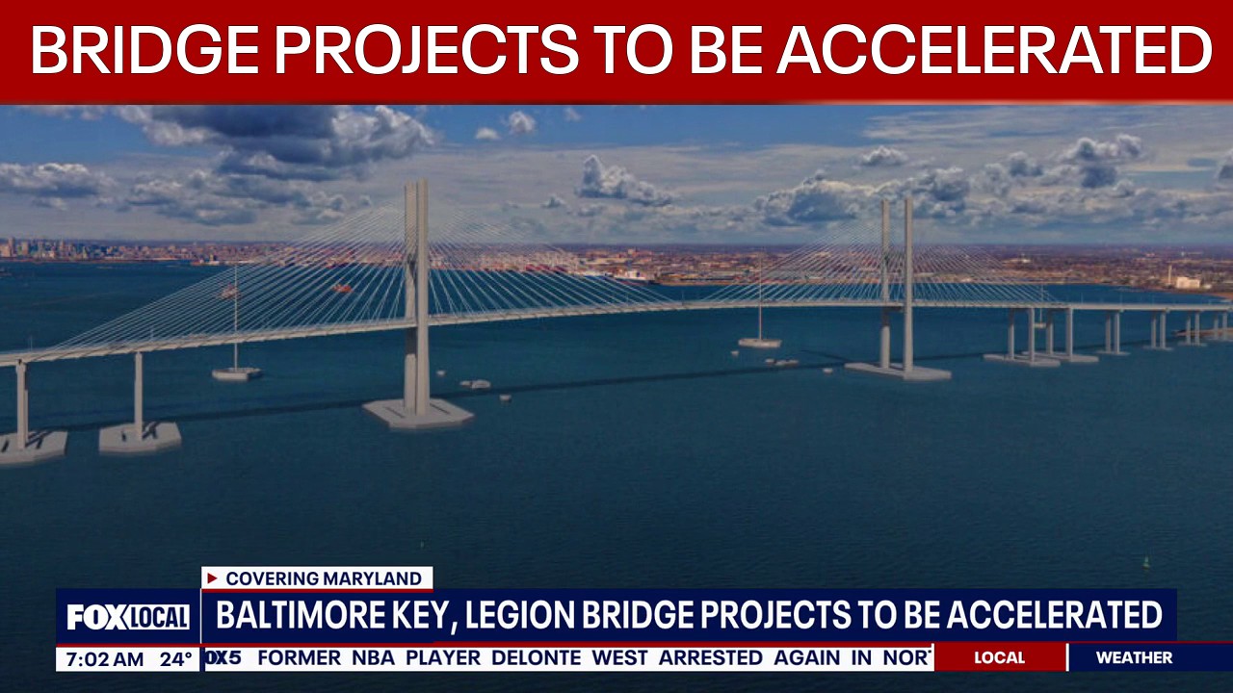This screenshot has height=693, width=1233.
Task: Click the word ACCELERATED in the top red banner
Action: click(994, 50)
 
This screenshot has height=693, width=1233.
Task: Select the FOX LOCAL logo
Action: click(128, 617)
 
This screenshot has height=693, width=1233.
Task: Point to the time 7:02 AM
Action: click(100, 659)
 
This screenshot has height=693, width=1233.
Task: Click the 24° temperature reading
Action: click(176, 659)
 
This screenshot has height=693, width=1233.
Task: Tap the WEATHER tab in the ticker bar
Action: click(1134, 657)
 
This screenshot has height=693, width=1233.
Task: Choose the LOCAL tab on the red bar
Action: click(999, 657)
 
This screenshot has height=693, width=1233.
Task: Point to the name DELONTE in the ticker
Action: click(536, 658)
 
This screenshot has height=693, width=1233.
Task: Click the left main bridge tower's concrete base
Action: click(418, 413)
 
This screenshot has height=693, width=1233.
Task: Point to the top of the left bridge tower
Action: click(416, 186)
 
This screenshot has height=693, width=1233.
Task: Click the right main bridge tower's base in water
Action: click(898, 371)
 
